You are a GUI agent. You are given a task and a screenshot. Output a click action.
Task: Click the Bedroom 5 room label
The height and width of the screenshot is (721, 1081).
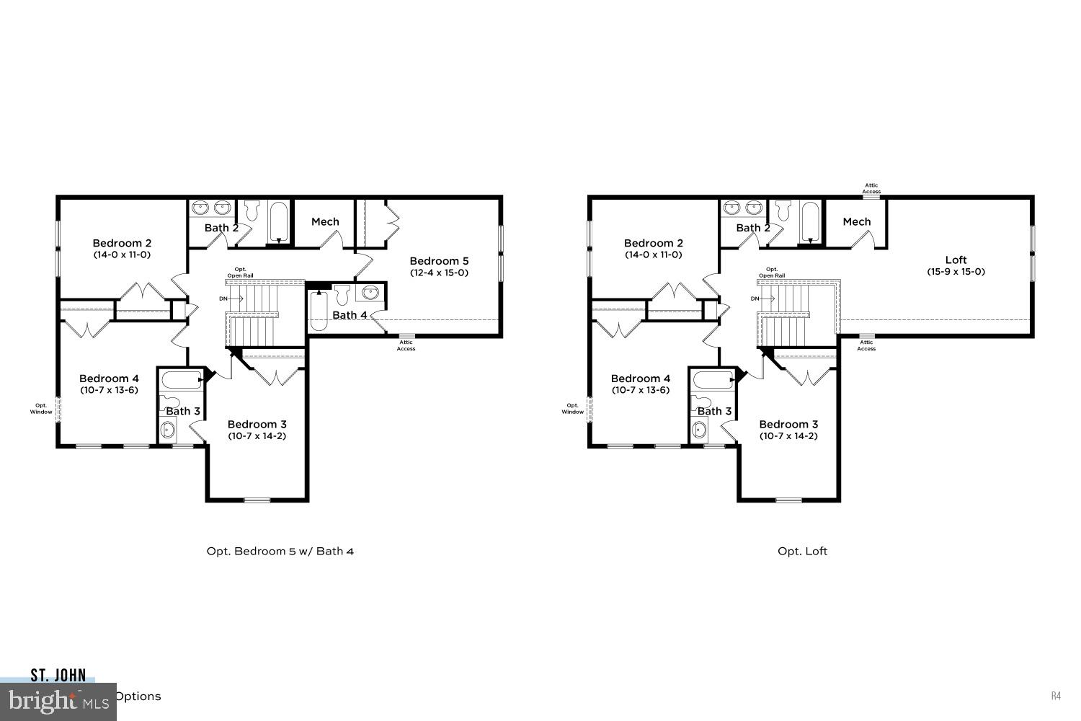coord(439,261)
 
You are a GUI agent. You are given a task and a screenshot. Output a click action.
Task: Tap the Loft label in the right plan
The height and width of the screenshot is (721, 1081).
coord(956,260)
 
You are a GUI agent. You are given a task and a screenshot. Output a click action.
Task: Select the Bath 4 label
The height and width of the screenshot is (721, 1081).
coord(350,315)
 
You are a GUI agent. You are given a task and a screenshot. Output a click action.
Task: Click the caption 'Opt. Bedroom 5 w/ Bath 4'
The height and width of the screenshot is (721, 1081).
coord(280,552)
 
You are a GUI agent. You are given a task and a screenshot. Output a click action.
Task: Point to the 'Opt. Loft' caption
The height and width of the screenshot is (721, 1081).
coord(802,552)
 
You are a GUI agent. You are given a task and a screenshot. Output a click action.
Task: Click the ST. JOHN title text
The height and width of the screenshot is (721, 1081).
coord(58,676)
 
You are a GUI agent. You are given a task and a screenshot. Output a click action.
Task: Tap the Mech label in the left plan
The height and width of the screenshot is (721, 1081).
coord(325,221)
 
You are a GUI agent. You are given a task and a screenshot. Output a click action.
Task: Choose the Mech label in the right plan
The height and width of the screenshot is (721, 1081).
coord(856,221)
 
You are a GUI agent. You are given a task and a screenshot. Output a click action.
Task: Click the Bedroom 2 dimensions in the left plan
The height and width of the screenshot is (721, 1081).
coord(122,255)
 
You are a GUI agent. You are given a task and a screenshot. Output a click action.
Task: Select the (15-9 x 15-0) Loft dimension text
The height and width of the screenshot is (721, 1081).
coord(956,272)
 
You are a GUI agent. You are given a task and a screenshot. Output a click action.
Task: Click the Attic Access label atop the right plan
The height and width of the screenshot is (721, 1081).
coord(871,189)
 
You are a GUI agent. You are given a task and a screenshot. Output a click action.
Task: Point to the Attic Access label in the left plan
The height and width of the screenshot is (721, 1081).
coord(406,345)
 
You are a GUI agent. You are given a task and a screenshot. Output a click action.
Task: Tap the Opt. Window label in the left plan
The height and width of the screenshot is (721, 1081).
coord(41,408)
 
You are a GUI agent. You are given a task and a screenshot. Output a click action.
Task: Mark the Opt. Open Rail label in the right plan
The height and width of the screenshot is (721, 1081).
coord(771,273)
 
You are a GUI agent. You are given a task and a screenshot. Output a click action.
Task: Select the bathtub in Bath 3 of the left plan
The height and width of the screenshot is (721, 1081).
coord(181,380)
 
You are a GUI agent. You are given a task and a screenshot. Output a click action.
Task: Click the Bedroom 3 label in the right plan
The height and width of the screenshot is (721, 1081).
coord(788,424)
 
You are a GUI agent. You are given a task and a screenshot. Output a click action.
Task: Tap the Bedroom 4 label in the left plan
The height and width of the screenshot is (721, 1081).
coord(109,379)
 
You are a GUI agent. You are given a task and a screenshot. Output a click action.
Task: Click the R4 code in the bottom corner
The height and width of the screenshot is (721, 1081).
coord(1056,696)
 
